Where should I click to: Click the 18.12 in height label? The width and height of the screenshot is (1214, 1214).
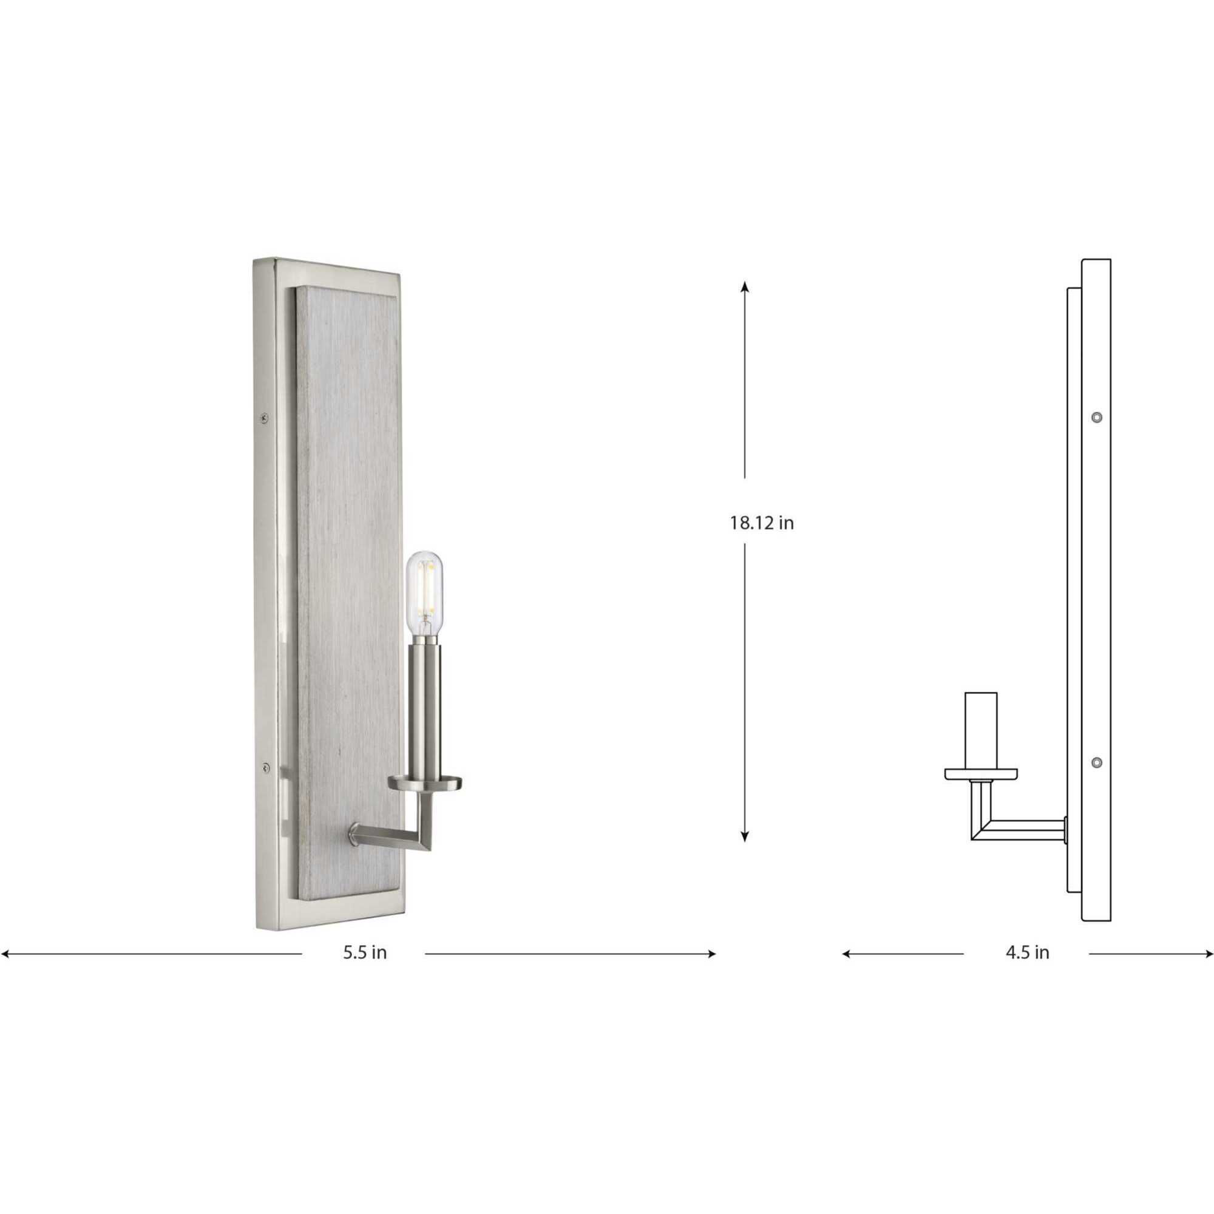(x=762, y=523)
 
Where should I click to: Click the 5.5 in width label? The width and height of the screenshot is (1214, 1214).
(x=364, y=952)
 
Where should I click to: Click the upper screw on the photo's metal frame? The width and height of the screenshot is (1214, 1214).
(x=265, y=416)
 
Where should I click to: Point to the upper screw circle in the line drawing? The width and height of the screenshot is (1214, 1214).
(x=1096, y=417)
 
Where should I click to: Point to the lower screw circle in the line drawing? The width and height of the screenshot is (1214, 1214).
(x=1096, y=763)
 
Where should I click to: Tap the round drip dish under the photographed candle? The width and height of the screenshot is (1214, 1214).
(x=425, y=782)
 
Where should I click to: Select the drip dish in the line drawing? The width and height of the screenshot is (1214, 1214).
(x=981, y=774)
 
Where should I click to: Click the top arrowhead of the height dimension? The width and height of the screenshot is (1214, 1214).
(x=745, y=287)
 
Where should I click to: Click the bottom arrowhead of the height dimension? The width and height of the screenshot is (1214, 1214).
(x=745, y=836)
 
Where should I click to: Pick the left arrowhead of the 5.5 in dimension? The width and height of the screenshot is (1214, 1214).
(x=5, y=954)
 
